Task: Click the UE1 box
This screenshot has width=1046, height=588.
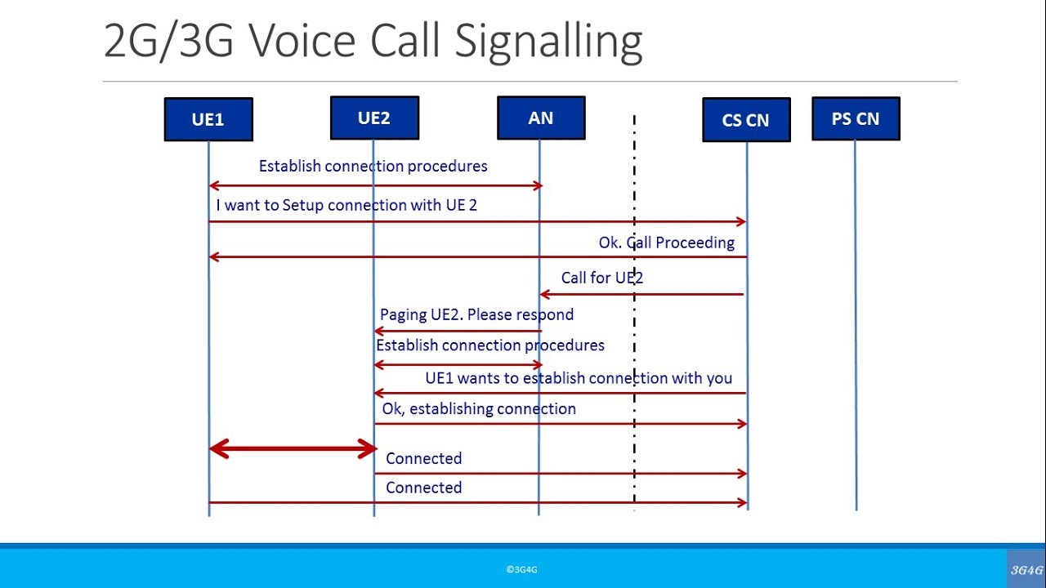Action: [x=208, y=119]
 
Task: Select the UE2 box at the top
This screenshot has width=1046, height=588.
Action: [x=374, y=118]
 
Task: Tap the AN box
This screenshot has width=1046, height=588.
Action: [x=541, y=118]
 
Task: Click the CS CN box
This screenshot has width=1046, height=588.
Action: [x=746, y=120]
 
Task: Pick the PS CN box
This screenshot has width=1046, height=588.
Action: [x=856, y=118]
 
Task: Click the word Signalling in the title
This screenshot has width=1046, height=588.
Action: [x=548, y=42]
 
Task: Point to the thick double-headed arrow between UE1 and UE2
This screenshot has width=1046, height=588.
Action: [x=293, y=448]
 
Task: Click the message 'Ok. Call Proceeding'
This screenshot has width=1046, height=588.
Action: [x=666, y=243]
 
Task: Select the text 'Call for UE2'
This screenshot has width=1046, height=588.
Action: [x=601, y=278]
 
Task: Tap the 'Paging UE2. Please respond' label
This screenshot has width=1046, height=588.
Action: [x=476, y=314]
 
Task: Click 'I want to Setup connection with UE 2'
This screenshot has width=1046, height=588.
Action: [x=346, y=205]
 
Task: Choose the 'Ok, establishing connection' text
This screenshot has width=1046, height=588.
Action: [x=479, y=408]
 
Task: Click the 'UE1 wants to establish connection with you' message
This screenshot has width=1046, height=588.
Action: [x=579, y=378]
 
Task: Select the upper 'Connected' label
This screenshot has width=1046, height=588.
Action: [x=423, y=458]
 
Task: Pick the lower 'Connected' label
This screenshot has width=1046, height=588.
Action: [x=423, y=488]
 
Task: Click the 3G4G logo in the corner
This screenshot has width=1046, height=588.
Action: [x=1026, y=570]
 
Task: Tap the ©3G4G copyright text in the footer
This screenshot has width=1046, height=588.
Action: [x=521, y=570]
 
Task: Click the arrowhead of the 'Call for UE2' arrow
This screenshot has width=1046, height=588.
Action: [x=543, y=294]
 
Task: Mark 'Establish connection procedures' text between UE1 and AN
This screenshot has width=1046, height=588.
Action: [x=373, y=167]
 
